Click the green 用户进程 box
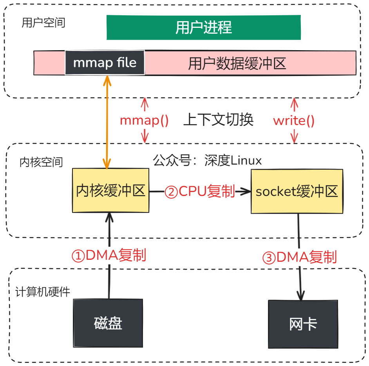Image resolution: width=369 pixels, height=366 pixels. (x=204, y=27)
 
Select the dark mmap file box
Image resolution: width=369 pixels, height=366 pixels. (x=105, y=63)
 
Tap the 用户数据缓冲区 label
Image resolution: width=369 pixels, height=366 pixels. (x=237, y=63)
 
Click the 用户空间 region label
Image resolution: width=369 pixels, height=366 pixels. (x=43, y=23)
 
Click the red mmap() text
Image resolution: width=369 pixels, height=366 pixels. (x=144, y=120)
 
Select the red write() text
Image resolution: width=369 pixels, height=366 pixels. (x=294, y=120)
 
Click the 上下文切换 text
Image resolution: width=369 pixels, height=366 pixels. (x=218, y=120)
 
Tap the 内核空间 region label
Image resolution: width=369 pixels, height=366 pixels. (x=41, y=162)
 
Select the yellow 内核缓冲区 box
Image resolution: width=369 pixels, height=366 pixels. (x=110, y=191)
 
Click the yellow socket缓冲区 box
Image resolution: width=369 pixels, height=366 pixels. (x=297, y=191)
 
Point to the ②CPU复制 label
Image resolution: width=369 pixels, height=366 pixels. (x=199, y=192)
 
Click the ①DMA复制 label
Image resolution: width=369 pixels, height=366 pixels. (x=109, y=255)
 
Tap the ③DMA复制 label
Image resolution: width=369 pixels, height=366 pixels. (x=299, y=257)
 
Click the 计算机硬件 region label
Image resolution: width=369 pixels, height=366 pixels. (x=43, y=292)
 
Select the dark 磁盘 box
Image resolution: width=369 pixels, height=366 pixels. (x=108, y=323)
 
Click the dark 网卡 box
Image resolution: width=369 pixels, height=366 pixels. (x=302, y=324)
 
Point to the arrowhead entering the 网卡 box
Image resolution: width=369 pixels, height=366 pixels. (x=301, y=296)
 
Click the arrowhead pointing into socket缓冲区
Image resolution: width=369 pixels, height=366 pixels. (x=246, y=192)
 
